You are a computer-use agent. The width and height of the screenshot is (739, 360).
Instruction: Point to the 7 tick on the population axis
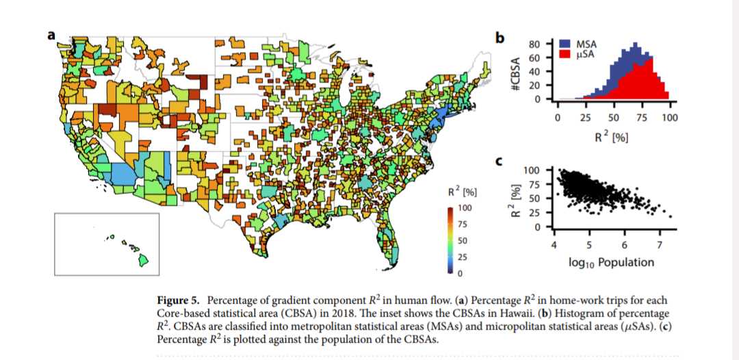point(659,245)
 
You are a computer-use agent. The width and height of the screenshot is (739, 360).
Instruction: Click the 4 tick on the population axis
point(554,245)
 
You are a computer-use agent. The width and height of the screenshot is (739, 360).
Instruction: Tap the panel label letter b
point(500,38)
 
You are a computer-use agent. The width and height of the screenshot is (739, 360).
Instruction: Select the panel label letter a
point(51,36)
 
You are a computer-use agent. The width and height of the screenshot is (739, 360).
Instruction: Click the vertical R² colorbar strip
point(450,240)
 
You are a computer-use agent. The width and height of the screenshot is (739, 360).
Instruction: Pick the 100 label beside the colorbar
point(465,207)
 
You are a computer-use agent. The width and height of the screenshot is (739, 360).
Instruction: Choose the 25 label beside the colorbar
point(463,257)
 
